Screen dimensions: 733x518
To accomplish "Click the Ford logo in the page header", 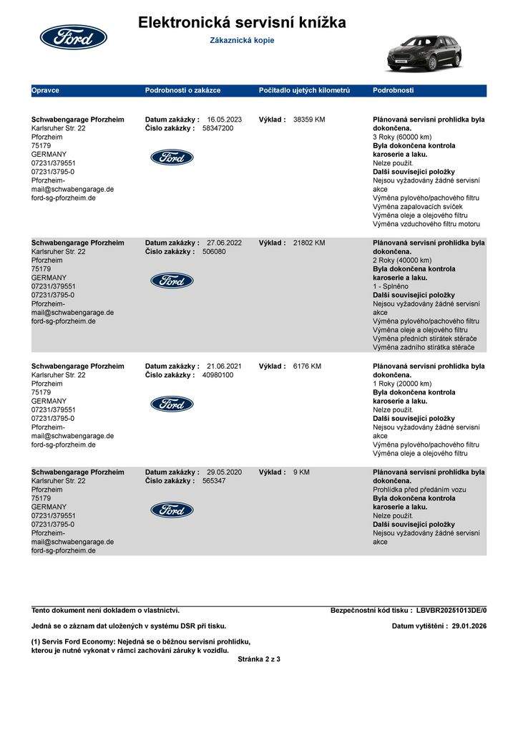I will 73,37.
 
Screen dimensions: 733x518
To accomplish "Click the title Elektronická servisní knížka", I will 242,23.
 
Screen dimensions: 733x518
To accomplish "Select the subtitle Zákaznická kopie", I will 242,41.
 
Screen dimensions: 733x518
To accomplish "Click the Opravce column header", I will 45,91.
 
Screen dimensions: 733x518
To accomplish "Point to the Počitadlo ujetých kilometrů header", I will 304,91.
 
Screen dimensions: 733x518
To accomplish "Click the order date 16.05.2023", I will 224,120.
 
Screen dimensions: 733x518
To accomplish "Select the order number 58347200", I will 218,128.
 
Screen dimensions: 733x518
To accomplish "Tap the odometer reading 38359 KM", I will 309,120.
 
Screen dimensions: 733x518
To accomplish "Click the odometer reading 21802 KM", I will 309,243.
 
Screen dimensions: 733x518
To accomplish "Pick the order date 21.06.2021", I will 224,366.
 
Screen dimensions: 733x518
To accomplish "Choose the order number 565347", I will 214,481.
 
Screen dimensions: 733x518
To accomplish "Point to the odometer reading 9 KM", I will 301,472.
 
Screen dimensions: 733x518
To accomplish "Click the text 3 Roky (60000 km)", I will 402,137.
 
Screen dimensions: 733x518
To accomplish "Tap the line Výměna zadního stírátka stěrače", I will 423,347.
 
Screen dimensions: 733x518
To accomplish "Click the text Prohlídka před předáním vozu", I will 419,490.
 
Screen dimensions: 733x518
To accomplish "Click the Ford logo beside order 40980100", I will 172,404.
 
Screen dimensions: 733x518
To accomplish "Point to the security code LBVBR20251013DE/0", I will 451,611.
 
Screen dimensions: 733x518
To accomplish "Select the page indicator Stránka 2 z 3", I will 259,659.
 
